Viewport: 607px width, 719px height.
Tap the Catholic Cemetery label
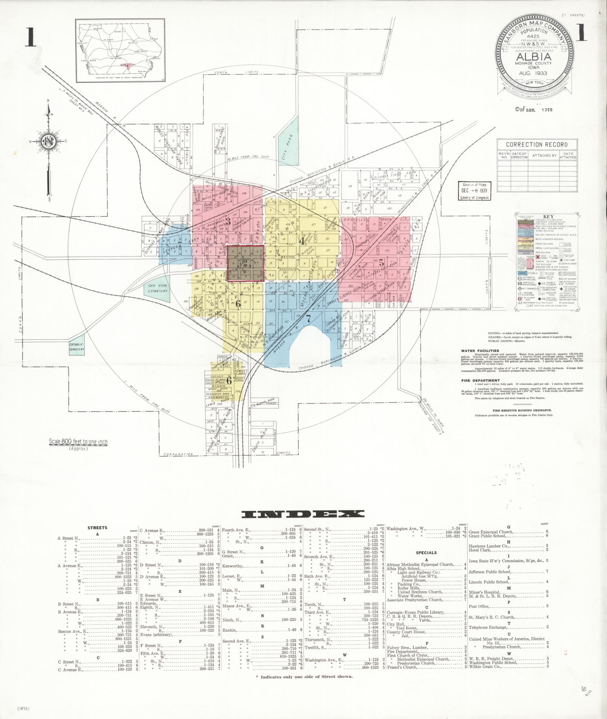pyautogui.click(x=76, y=347)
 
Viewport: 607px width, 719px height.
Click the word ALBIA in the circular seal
pyautogui.click(x=534, y=57)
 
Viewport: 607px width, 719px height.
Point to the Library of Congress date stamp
pyautogui.click(x=475, y=191)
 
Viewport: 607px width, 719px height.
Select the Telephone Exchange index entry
pyautogui.click(x=488, y=627)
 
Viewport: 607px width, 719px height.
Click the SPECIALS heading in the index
pyautogui.click(x=426, y=552)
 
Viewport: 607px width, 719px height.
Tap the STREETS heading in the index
pyautogui.click(x=97, y=528)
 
